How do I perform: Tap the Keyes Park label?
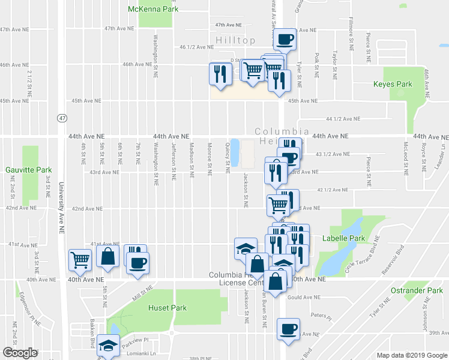[393, 85]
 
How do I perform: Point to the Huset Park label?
[167, 308]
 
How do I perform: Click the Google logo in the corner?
[20, 352]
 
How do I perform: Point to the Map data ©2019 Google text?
[411, 355]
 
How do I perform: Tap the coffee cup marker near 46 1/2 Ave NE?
[286, 39]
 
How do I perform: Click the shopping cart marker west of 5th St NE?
[80, 260]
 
